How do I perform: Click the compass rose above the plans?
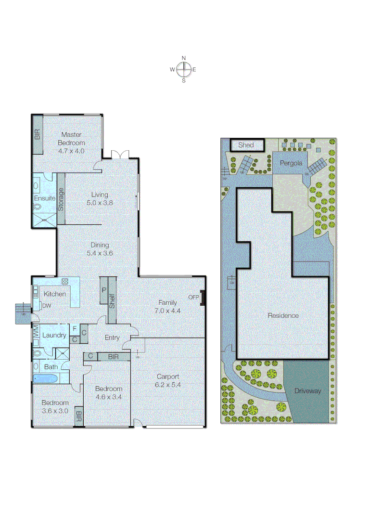click(183, 70)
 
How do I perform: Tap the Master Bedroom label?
click(71, 139)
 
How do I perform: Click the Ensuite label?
click(44, 198)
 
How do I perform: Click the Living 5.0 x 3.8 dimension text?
click(100, 203)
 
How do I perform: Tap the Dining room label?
click(100, 245)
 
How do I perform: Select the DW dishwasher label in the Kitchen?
click(47, 306)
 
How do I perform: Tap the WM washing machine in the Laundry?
click(36, 331)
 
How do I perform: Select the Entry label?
click(112, 338)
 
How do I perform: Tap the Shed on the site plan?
click(246, 145)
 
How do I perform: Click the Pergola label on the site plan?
click(291, 163)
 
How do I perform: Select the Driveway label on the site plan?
click(307, 391)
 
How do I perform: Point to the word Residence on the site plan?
click(283, 316)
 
